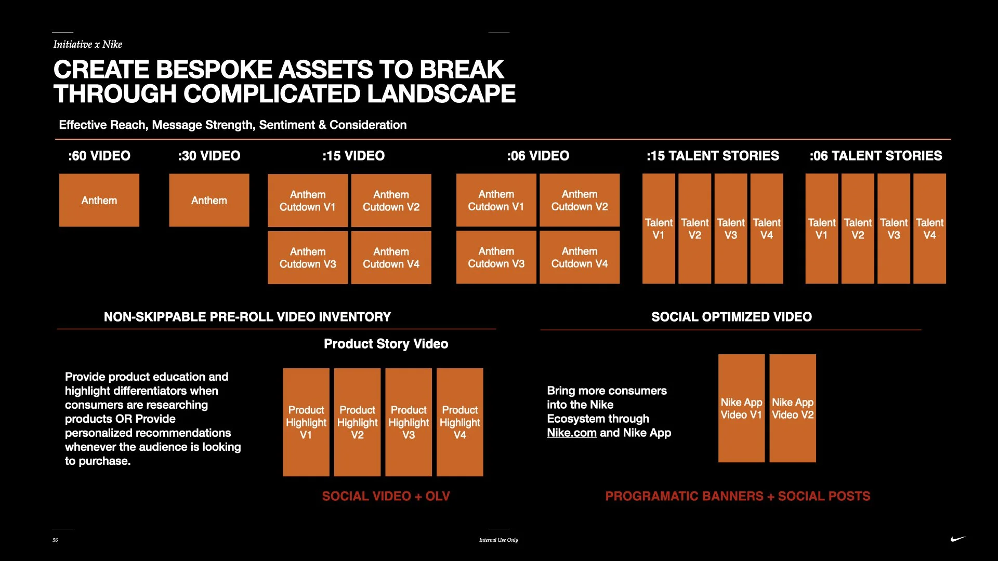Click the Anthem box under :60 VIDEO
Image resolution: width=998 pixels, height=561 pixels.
pyautogui.click(x=99, y=200)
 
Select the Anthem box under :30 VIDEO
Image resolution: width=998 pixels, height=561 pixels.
pyautogui.click(x=209, y=200)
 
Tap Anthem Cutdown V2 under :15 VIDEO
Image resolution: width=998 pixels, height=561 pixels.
pyautogui.click(x=391, y=201)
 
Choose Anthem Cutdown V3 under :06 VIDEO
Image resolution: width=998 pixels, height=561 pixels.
pyautogui.click(x=496, y=257)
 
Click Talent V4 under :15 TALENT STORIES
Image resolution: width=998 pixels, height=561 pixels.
pyautogui.click(x=767, y=229)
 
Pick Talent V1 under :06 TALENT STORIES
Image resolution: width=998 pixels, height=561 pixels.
pyautogui.click(x=821, y=229)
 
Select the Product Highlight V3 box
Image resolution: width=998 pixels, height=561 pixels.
pyautogui.click(x=409, y=422)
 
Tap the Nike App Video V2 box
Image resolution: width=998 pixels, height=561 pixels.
pyautogui.click(x=793, y=408)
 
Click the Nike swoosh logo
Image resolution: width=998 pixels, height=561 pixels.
pyautogui.click(x=957, y=539)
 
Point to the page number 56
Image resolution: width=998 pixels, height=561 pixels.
pyautogui.click(x=55, y=540)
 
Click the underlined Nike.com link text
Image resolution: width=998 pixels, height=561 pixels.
pyautogui.click(x=571, y=433)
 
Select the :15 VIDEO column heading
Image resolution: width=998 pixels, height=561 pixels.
pyautogui.click(x=353, y=156)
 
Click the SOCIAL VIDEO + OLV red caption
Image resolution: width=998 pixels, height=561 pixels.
pyautogui.click(x=386, y=496)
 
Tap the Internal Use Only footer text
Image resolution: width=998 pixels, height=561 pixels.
pyautogui.click(x=498, y=540)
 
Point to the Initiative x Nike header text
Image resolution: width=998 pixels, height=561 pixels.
pyautogui.click(x=87, y=44)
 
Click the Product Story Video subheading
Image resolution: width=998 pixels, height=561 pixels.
pyautogui.click(x=386, y=344)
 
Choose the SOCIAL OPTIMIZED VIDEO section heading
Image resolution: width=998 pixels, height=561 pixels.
pyautogui.click(x=731, y=317)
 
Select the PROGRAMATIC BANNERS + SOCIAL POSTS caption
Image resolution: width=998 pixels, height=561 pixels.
pyautogui.click(x=738, y=496)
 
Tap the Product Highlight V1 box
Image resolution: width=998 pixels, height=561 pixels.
pyautogui.click(x=306, y=422)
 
